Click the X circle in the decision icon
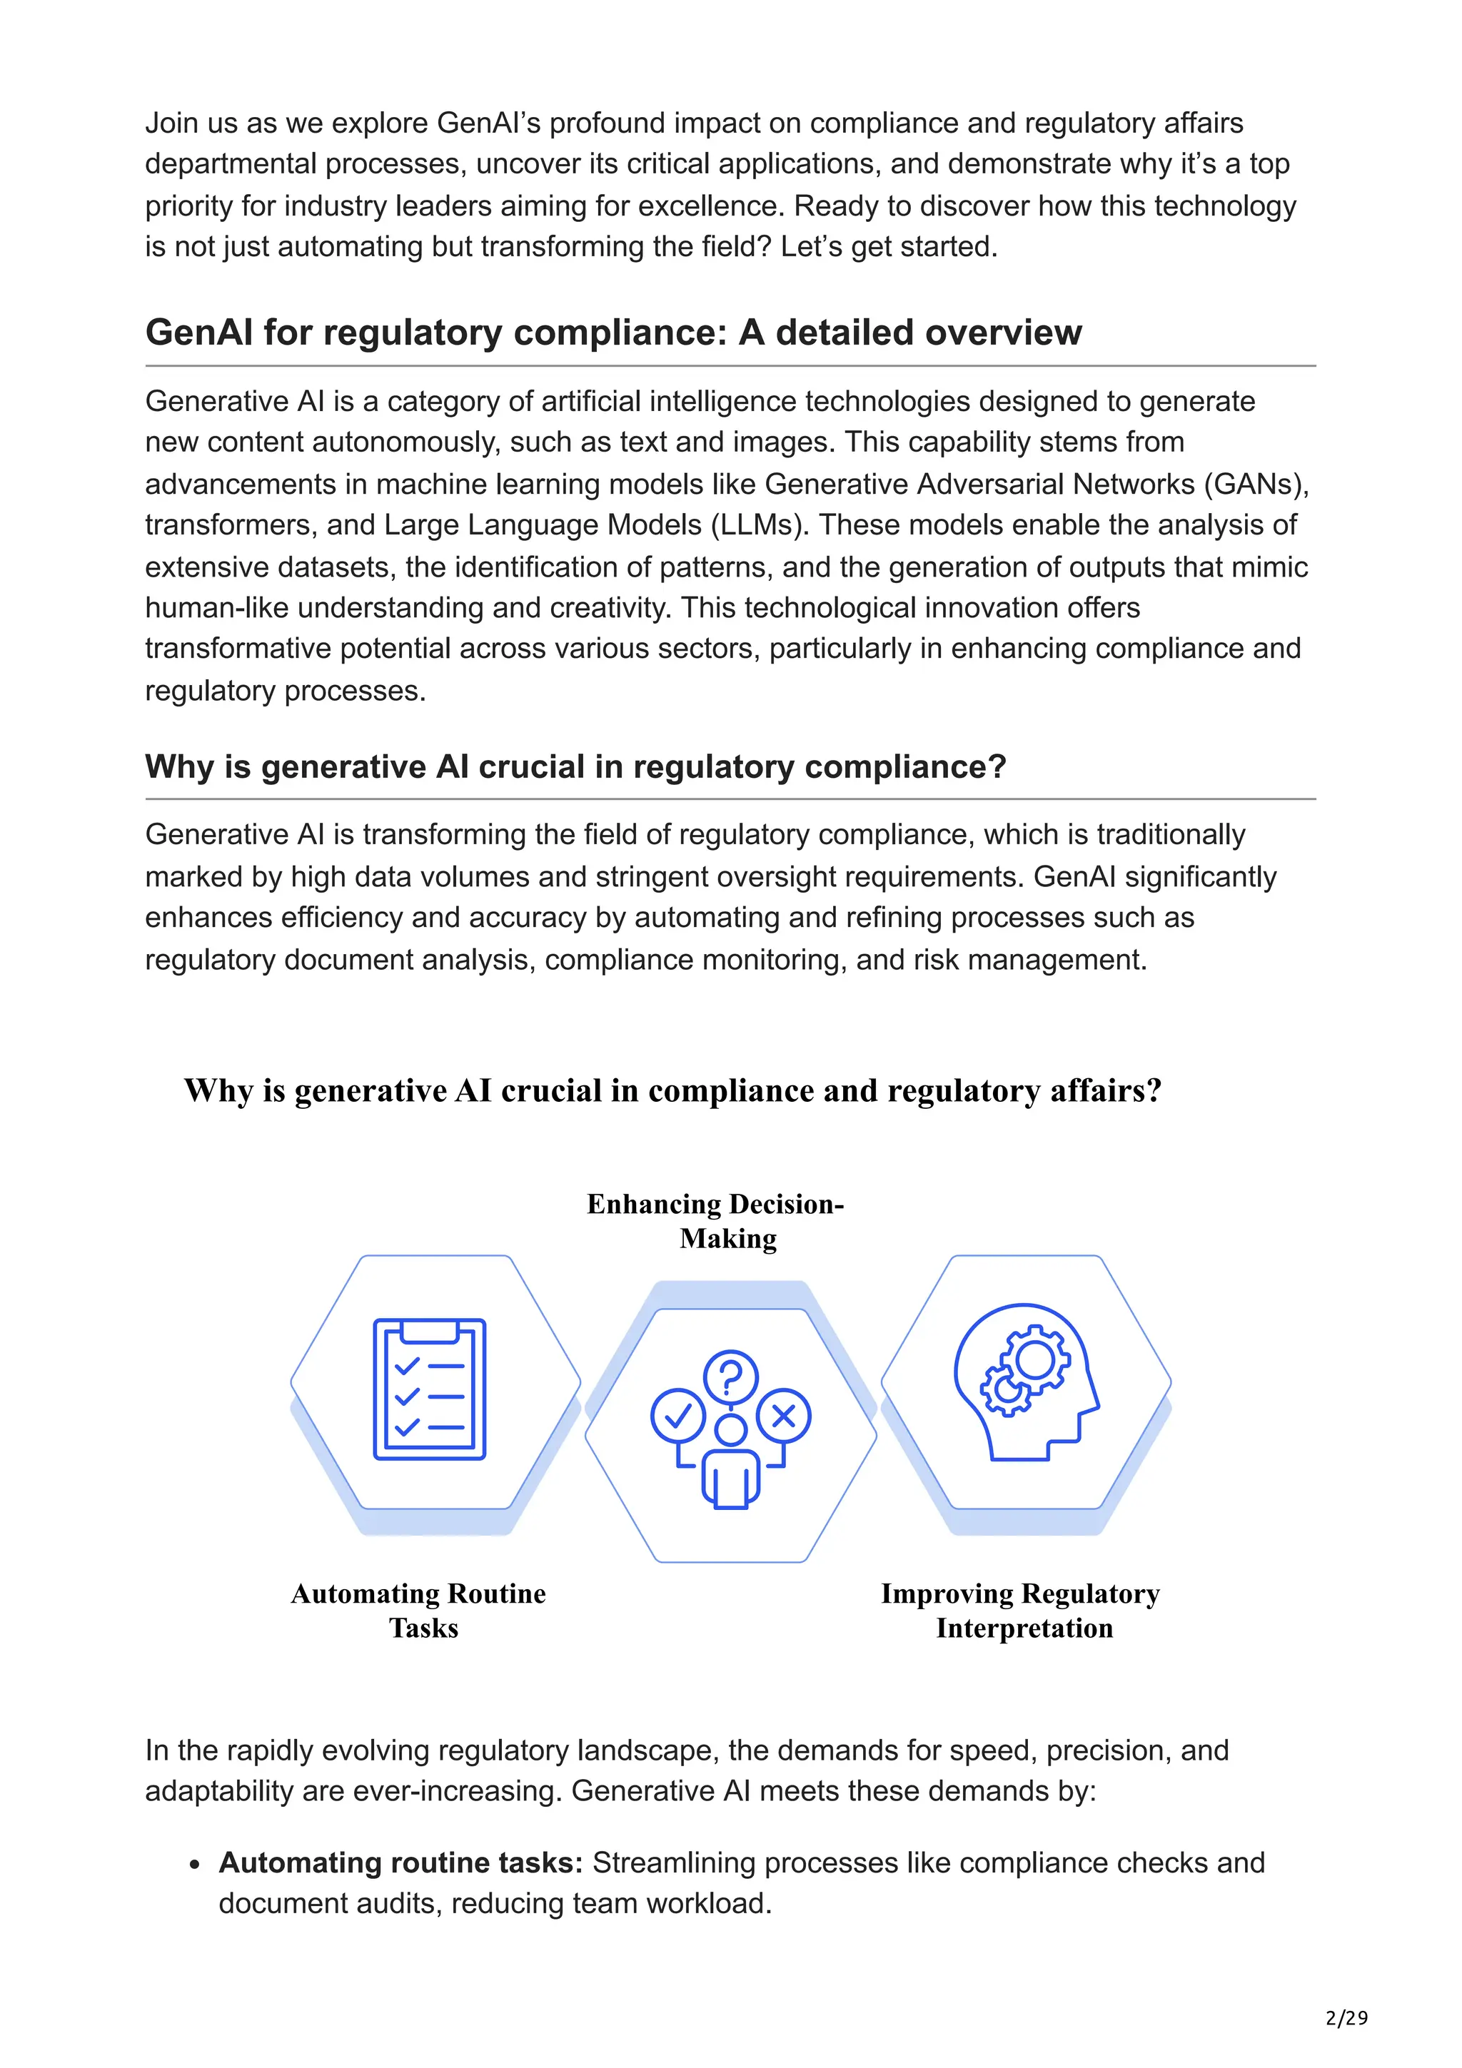click(x=784, y=1416)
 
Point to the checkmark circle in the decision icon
click(x=677, y=1416)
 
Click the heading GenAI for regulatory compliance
click(x=612, y=333)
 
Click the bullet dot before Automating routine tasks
click(x=195, y=1865)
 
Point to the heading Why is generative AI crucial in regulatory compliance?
click(x=575, y=766)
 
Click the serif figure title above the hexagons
click(x=673, y=1091)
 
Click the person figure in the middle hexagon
click(x=730, y=1462)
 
